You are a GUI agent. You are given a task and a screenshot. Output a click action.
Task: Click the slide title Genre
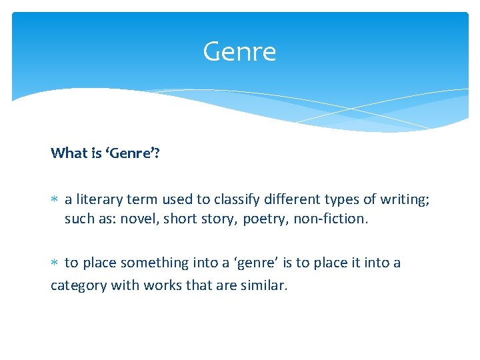point(239,52)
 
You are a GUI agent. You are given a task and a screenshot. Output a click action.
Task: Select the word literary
point(100,199)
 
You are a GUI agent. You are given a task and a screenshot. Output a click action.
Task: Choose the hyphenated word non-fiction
point(330,219)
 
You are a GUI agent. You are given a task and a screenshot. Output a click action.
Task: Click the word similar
point(263,285)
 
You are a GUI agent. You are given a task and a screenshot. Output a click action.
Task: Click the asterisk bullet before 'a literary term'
point(55,199)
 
